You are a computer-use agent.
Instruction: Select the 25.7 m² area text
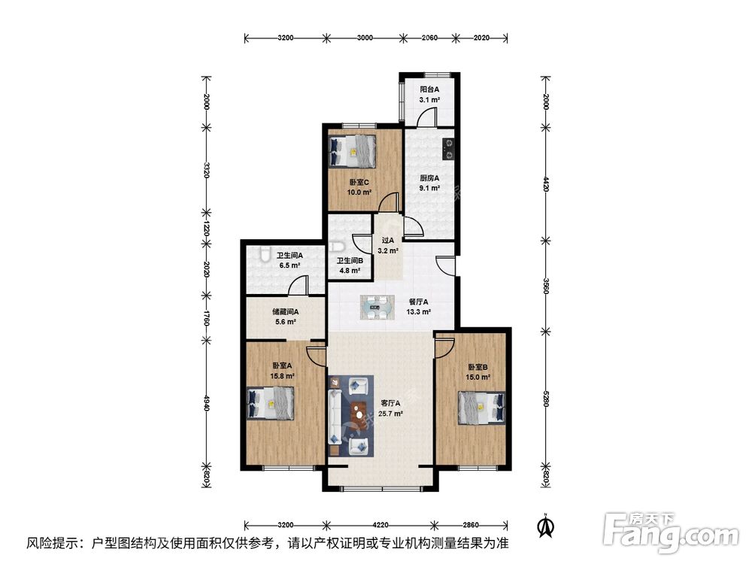[x=390, y=414]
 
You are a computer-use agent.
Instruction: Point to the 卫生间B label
[x=350, y=261]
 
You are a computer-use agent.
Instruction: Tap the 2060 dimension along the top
[x=429, y=37]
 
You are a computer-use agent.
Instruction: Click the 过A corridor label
[x=388, y=241]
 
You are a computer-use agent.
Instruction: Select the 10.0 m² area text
[x=359, y=193]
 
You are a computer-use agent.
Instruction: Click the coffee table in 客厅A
[x=359, y=412]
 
